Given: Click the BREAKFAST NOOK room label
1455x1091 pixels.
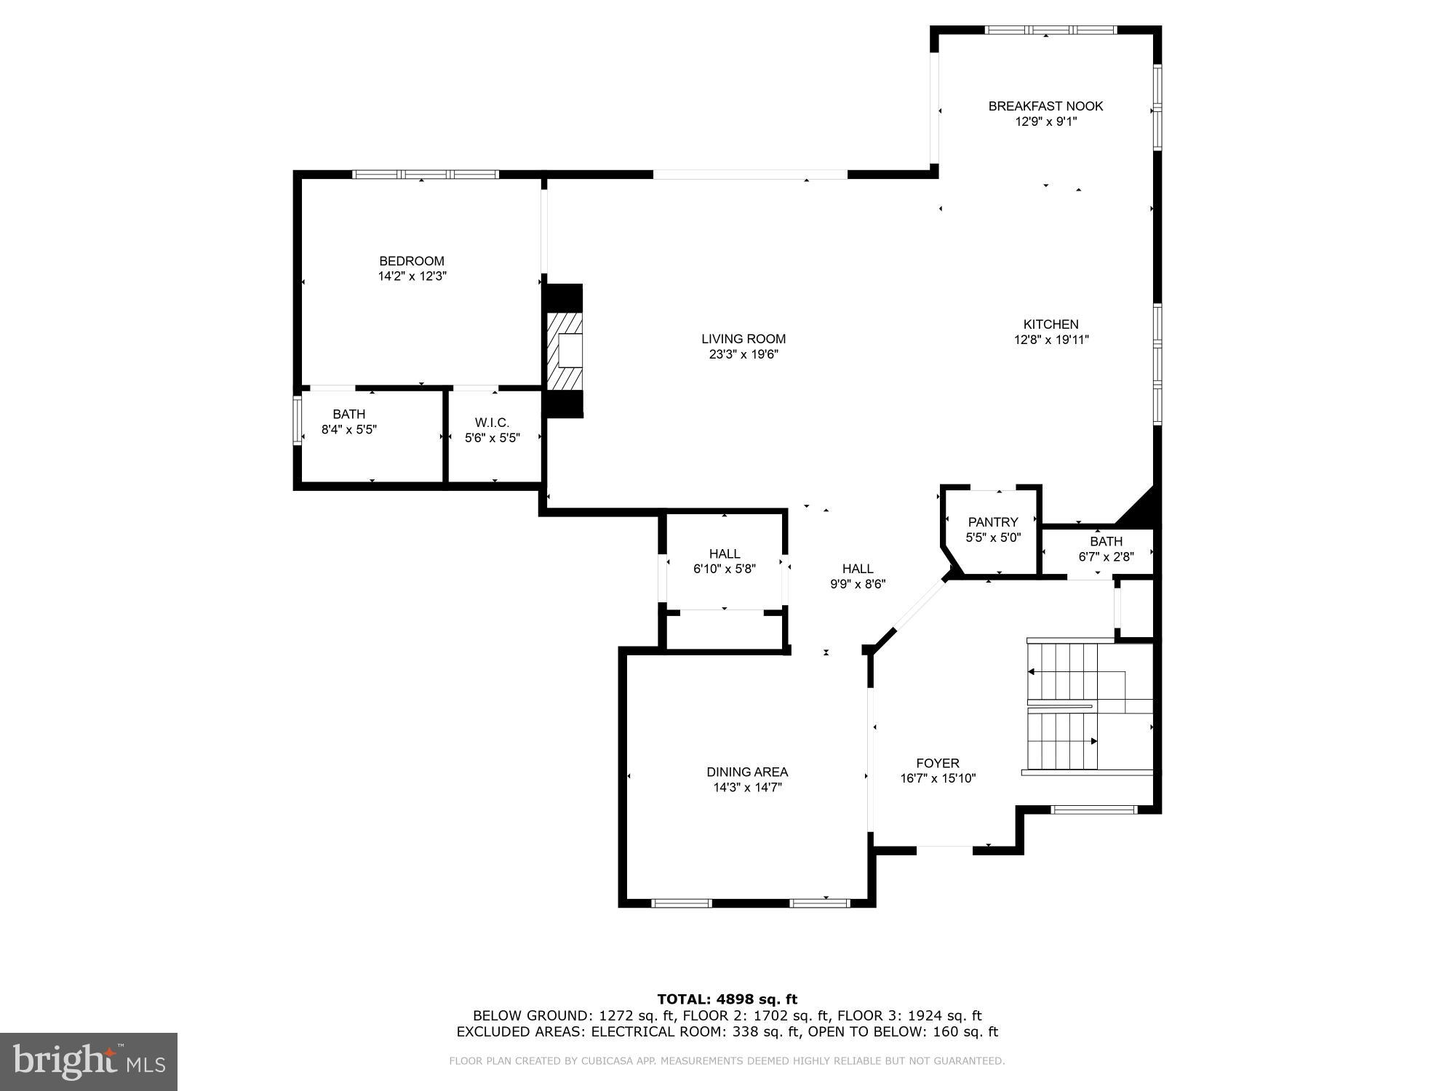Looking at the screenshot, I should click(1045, 106).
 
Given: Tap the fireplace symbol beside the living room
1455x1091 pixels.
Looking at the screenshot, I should click(565, 351).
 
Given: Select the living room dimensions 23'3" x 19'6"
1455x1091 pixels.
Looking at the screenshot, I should click(744, 355).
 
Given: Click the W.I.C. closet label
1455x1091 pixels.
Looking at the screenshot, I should click(493, 423).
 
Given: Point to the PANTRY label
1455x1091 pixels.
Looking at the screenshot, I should click(993, 522).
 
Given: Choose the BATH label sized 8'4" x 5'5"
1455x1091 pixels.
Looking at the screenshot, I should click(348, 415).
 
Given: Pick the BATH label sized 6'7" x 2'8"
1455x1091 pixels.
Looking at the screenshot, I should click(1106, 542).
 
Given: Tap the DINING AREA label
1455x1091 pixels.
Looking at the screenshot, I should click(747, 772).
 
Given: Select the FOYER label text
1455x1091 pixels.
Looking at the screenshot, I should click(938, 763).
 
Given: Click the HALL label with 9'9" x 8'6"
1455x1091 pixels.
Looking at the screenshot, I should click(858, 569).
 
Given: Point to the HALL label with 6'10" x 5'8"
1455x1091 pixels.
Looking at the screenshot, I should click(725, 554).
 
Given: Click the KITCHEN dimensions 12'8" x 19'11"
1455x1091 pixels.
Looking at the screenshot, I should click(1051, 340).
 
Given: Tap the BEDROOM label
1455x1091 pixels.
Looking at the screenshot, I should click(412, 261).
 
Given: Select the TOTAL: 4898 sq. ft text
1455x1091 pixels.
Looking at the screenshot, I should click(727, 999).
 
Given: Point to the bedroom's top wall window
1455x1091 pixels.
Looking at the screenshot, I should click(426, 175).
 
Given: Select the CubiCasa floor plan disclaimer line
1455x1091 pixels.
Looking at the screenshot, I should click(727, 1061).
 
